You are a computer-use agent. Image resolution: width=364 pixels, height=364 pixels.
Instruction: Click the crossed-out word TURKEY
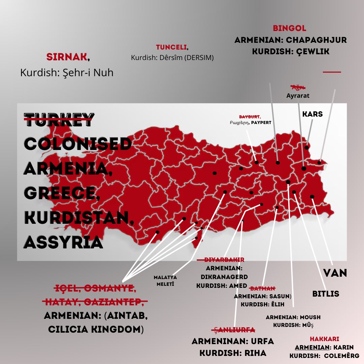click(59, 120)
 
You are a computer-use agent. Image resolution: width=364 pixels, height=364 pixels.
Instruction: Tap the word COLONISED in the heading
click(78, 144)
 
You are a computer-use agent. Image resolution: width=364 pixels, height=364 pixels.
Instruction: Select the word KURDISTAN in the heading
click(79, 218)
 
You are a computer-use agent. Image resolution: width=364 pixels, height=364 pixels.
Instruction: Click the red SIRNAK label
click(67, 57)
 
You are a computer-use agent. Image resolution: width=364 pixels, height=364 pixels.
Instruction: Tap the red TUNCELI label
click(171, 48)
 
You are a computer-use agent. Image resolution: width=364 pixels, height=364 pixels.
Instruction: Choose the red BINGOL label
click(290, 28)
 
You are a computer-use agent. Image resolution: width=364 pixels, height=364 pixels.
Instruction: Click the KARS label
click(312, 114)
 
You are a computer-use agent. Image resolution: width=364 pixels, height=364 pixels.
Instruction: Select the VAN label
click(335, 273)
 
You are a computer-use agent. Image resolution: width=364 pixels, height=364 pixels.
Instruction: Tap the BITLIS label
click(326, 294)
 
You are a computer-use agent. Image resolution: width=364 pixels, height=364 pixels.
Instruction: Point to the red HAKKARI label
click(325, 339)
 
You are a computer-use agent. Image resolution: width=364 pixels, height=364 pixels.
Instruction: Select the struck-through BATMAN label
click(262, 289)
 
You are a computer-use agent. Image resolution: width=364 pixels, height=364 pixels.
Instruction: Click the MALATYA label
click(165, 277)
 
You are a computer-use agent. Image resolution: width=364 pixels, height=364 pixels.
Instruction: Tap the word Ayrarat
click(298, 96)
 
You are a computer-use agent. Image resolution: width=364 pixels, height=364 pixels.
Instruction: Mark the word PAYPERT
click(261, 123)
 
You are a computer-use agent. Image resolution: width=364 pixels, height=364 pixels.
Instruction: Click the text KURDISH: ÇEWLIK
click(291, 52)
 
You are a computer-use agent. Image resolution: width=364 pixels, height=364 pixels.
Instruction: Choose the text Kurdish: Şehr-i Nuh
click(67, 72)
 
